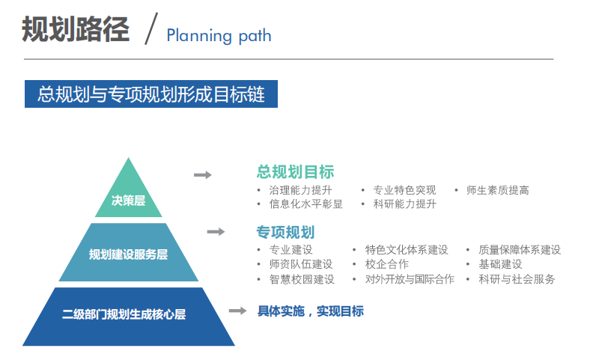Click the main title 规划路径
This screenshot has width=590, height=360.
[x=76, y=29]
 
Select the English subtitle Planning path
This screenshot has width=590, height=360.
[x=219, y=36]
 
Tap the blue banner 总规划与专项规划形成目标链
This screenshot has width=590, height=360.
[x=151, y=94]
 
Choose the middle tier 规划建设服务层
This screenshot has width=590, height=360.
[x=128, y=252]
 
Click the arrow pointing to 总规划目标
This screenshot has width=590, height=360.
[x=203, y=175]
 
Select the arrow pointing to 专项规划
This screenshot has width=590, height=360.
[x=216, y=232]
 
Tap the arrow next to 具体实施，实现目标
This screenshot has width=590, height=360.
[x=238, y=311]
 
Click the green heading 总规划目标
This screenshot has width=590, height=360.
[x=296, y=172]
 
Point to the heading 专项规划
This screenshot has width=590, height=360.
[x=285, y=232]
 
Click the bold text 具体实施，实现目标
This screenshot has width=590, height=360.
[x=311, y=311]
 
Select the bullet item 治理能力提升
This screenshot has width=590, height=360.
[x=300, y=190]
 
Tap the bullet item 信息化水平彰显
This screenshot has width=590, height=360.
[x=305, y=204]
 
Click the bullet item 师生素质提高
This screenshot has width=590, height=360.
[x=497, y=190]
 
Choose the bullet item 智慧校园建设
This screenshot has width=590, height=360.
[x=302, y=279]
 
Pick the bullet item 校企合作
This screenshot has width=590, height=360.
[x=387, y=264]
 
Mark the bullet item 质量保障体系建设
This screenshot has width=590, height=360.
[x=520, y=250]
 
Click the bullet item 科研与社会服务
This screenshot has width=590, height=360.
[x=517, y=279]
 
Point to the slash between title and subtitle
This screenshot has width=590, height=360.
[x=151, y=28]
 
